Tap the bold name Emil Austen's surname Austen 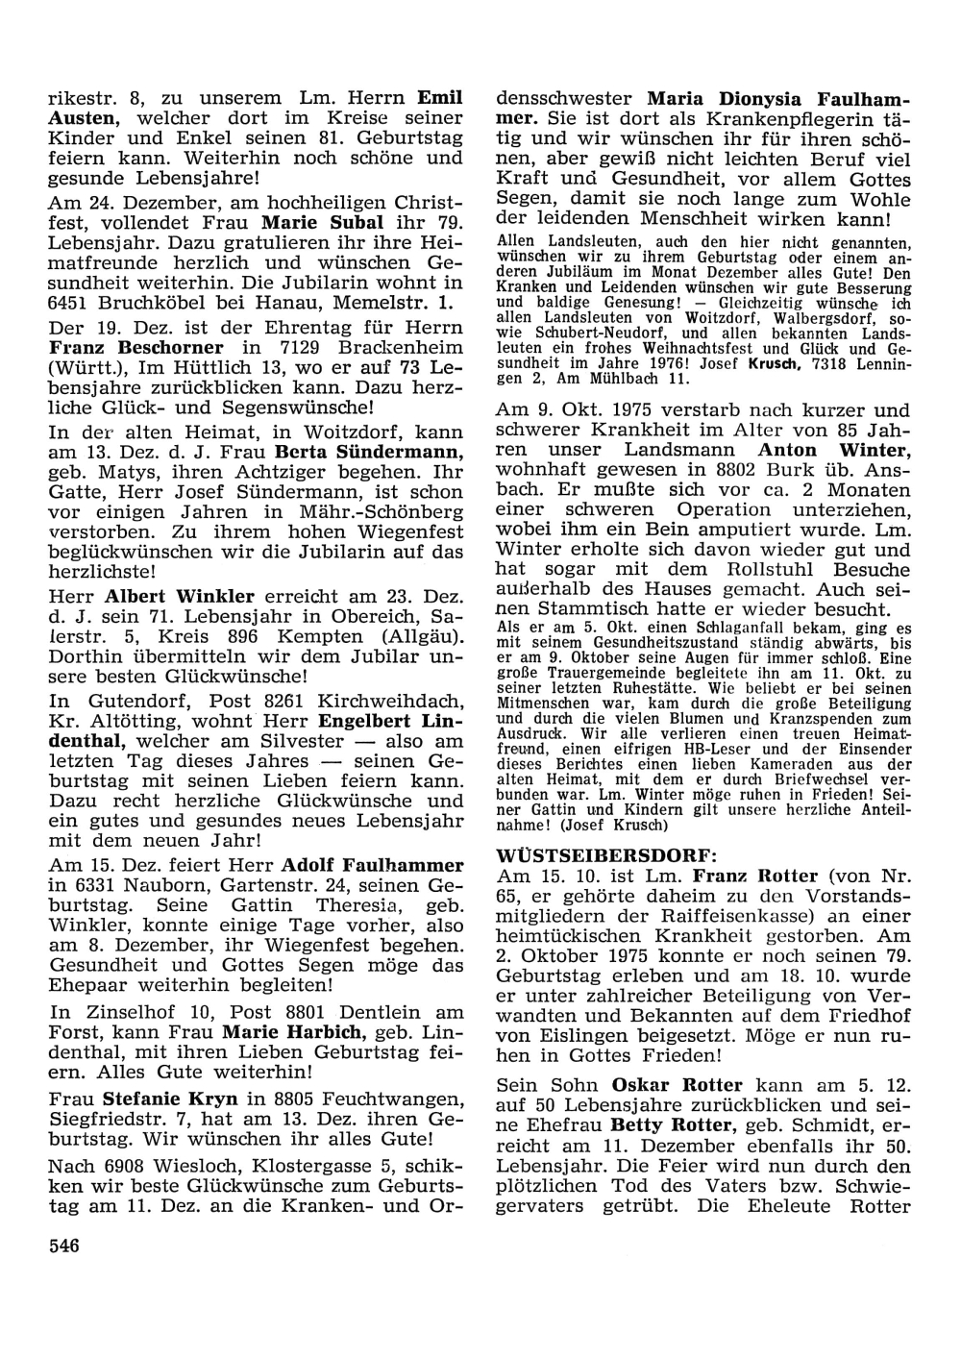[x=83, y=117]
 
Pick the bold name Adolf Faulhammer [x=373, y=865]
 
